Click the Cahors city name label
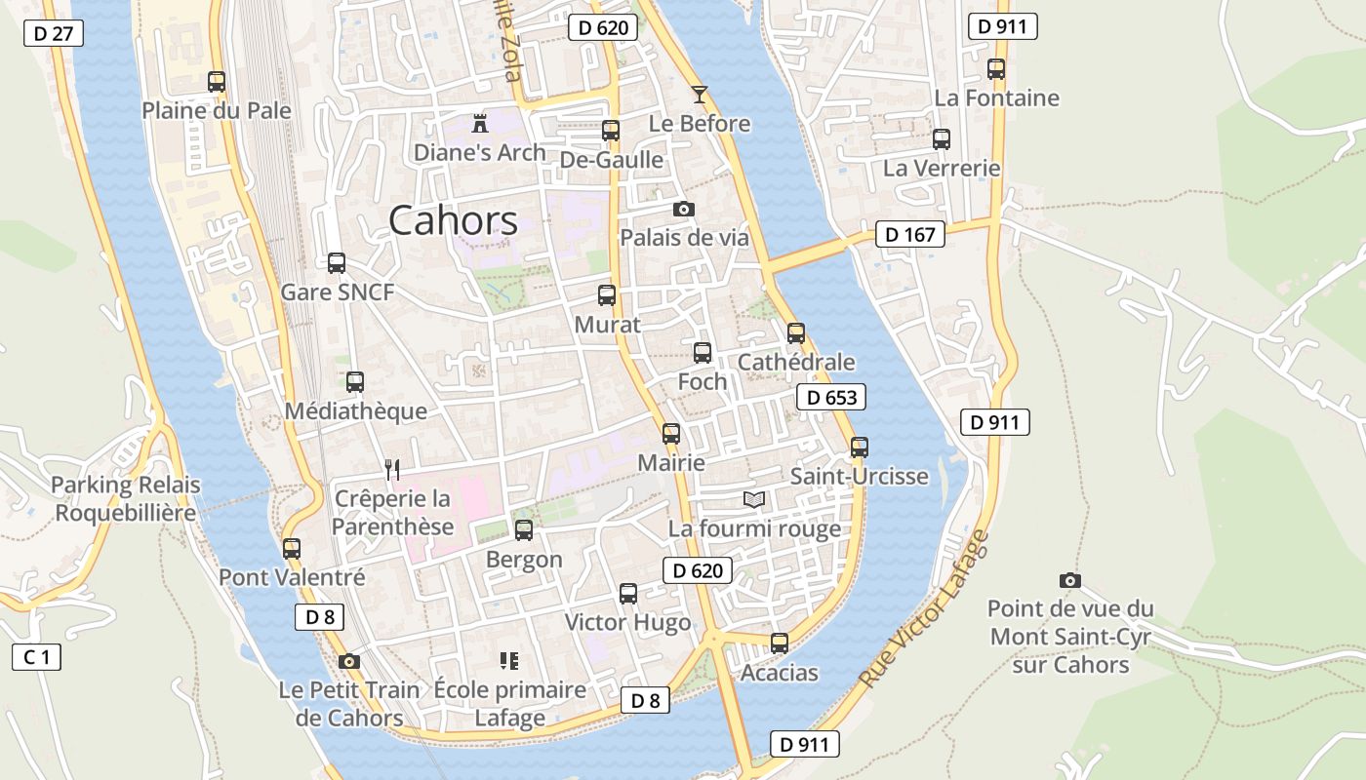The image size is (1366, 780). click(453, 221)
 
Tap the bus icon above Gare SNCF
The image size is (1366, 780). click(337, 262)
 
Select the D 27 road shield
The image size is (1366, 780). click(53, 33)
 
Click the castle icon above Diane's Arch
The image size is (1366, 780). click(479, 124)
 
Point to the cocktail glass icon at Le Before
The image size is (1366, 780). click(700, 95)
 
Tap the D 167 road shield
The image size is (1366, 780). click(910, 234)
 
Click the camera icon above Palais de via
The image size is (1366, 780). click(684, 209)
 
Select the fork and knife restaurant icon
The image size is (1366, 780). click(392, 470)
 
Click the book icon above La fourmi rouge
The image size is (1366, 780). click(754, 499)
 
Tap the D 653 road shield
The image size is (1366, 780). click(831, 397)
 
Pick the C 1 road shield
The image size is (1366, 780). click(36, 657)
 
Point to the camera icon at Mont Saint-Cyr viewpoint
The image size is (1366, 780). click(1070, 580)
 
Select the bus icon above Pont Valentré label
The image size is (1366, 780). click(292, 548)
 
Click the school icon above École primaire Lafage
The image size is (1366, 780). click(508, 661)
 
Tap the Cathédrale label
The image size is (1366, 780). click(796, 362)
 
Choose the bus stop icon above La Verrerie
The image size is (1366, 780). click(942, 138)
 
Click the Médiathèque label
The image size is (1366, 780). click(355, 411)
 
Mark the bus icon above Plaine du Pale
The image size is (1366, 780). click(217, 82)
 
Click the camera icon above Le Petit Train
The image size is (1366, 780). click(349, 661)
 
